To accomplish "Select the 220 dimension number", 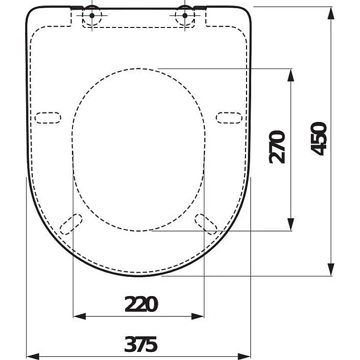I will point(141,305).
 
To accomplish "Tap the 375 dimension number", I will point(141,345).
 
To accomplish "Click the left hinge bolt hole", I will point(92,15).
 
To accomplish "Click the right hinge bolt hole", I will point(184,15).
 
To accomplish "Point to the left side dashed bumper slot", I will point(47,117).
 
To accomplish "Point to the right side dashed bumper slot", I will point(229,117).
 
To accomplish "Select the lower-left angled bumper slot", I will point(72,224).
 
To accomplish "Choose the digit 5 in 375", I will point(152,345).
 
